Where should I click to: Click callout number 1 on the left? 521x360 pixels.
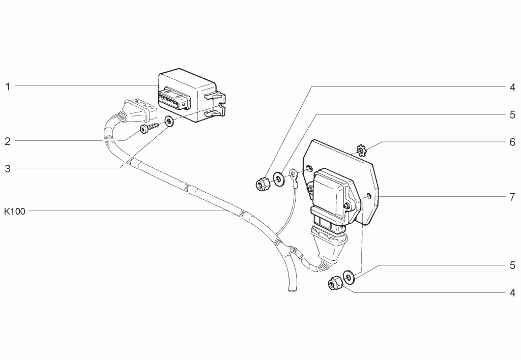(7, 86)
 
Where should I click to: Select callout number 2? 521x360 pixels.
(8, 141)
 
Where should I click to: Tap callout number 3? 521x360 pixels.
(8, 169)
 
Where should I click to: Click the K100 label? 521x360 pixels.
(15, 211)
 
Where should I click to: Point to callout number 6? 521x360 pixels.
(512, 142)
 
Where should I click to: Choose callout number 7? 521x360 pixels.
(512, 197)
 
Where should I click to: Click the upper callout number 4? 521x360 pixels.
(512, 87)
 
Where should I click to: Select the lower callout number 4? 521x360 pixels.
(512, 293)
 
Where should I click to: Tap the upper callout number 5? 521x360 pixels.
(512, 115)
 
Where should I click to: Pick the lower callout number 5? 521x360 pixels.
(512, 266)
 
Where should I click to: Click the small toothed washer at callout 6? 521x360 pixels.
(361, 151)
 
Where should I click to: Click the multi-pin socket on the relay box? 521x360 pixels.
(175, 99)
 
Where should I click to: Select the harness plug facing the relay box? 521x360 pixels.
(139, 110)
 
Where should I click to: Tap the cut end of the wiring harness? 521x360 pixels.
(292, 290)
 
